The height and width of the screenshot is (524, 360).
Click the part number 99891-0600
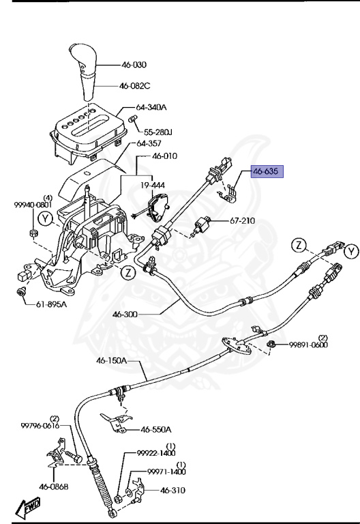[x=308, y=345]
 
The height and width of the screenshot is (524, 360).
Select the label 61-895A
[x=52, y=304]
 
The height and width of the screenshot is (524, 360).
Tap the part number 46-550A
[x=156, y=430]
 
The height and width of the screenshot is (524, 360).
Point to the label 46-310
[x=173, y=490]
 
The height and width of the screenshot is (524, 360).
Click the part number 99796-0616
[x=41, y=426]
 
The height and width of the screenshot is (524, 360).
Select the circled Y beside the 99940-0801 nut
[x=45, y=219]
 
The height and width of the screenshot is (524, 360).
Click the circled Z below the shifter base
[x=126, y=274]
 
